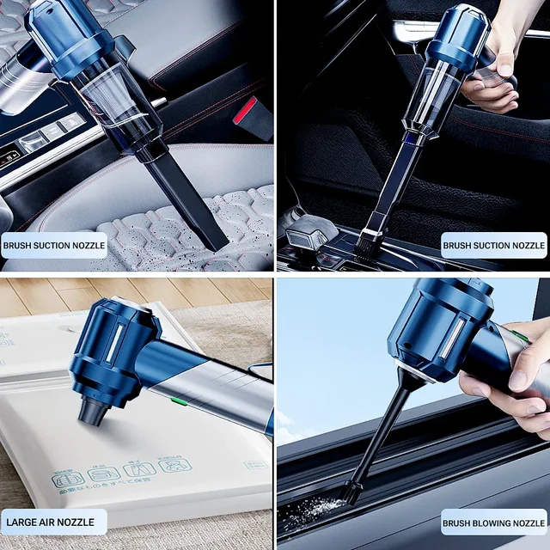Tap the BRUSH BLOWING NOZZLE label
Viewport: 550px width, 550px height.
(x=494, y=522)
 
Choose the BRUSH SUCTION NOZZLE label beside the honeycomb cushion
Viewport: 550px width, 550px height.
(x=54, y=245)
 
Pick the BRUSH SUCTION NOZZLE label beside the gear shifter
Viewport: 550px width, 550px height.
(x=494, y=245)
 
